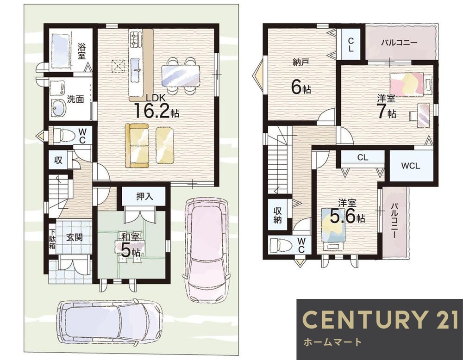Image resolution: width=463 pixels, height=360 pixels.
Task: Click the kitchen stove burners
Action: pyautogui.click(x=135, y=39)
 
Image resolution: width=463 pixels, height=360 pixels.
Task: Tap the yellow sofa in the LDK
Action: pyautogui.click(x=137, y=145)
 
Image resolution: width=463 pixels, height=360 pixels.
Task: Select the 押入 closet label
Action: pyautogui.click(x=144, y=196)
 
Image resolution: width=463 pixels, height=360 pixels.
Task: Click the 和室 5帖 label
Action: pyautogui.click(x=130, y=245)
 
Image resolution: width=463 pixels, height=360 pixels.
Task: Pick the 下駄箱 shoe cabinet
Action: pyautogui.click(x=52, y=239)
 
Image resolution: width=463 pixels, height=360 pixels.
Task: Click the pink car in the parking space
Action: pyautogui.click(x=206, y=249)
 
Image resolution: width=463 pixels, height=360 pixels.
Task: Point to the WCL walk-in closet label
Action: pyautogui.click(x=410, y=166)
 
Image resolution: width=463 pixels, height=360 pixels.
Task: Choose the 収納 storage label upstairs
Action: pyautogui.click(x=277, y=215)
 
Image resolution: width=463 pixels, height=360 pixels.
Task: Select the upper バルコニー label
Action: pyautogui.click(x=399, y=43)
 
